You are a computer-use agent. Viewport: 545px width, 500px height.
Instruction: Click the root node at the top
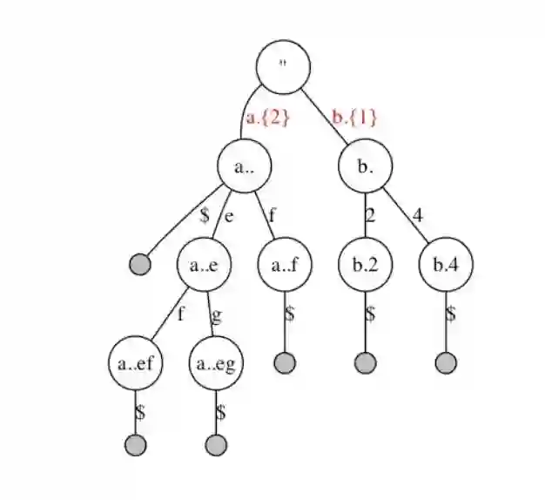[x=284, y=67]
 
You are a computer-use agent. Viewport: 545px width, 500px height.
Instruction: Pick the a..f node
[x=285, y=266]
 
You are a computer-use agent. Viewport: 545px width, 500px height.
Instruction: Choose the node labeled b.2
[x=366, y=266]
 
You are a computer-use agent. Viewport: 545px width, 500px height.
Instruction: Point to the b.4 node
[x=446, y=266]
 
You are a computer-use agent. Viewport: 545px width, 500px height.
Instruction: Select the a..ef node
[x=136, y=364]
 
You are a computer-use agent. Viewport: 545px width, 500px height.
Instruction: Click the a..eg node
[x=216, y=364]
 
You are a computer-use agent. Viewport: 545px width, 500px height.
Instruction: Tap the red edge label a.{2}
[x=266, y=118]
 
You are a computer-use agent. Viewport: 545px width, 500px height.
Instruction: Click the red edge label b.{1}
[x=354, y=118]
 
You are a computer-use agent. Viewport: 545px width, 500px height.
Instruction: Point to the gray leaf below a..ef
[x=136, y=445]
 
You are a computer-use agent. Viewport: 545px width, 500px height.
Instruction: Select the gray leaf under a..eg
[x=216, y=445]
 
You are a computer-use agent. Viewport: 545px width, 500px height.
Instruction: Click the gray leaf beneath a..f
[x=285, y=362]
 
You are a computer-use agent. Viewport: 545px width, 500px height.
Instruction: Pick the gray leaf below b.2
[x=366, y=362]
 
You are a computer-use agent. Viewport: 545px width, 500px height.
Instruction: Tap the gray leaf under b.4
[x=446, y=362]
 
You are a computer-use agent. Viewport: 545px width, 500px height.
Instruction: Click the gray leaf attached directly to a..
[x=139, y=264]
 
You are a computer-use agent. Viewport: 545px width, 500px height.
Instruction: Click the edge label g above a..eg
[x=217, y=314]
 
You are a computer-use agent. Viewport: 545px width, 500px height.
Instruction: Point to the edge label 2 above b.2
[x=370, y=215]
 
